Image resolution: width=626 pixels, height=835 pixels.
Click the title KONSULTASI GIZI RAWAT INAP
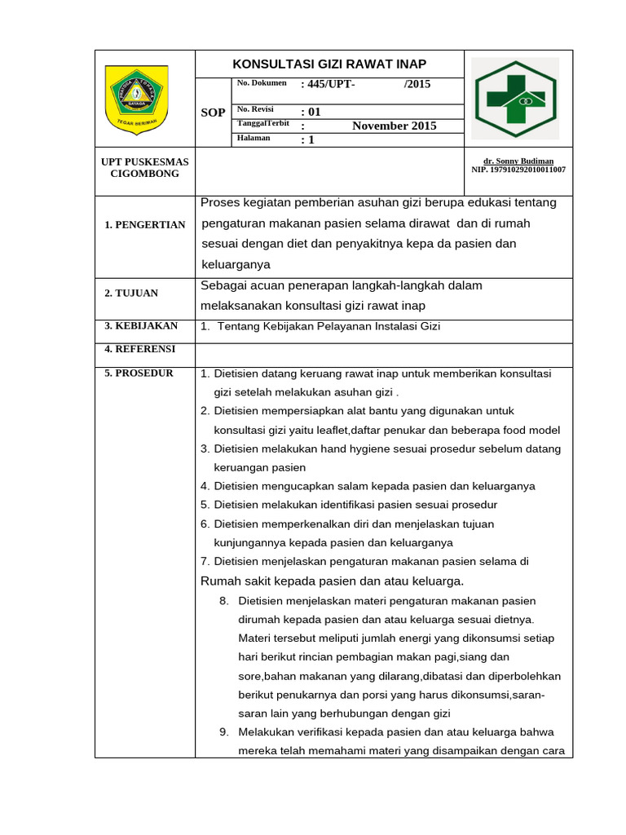click(x=329, y=64)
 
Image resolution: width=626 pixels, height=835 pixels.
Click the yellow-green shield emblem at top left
click(x=136, y=99)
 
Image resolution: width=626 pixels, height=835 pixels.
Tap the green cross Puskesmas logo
click(x=517, y=99)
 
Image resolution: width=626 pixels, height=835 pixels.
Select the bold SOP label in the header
click(x=213, y=113)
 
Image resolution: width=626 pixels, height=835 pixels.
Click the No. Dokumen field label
click(x=262, y=83)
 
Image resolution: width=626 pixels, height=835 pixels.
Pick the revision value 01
click(x=311, y=112)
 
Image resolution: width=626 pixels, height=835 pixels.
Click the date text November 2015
click(x=395, y=126)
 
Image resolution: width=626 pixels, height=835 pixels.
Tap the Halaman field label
click(x=253, y=138)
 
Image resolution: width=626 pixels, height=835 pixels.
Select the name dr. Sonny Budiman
click(x=518, y=161)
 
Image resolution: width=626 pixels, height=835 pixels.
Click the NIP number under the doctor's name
click(x=518, y=170)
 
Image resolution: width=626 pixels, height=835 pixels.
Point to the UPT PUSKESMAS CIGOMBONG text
click(x=144, y=168)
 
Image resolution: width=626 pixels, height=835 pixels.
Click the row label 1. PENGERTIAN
click(x=145, y=225)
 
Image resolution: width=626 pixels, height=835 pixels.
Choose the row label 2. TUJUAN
click(x=131, y=293)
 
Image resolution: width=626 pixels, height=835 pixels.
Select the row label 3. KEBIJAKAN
click(x=141, y=326)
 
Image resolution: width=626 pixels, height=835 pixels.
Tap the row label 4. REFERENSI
click(x=139, y=349)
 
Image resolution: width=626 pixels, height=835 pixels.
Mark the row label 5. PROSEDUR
click(x=139, y=373)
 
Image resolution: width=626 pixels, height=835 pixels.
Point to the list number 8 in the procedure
click(x=224, y=600)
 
